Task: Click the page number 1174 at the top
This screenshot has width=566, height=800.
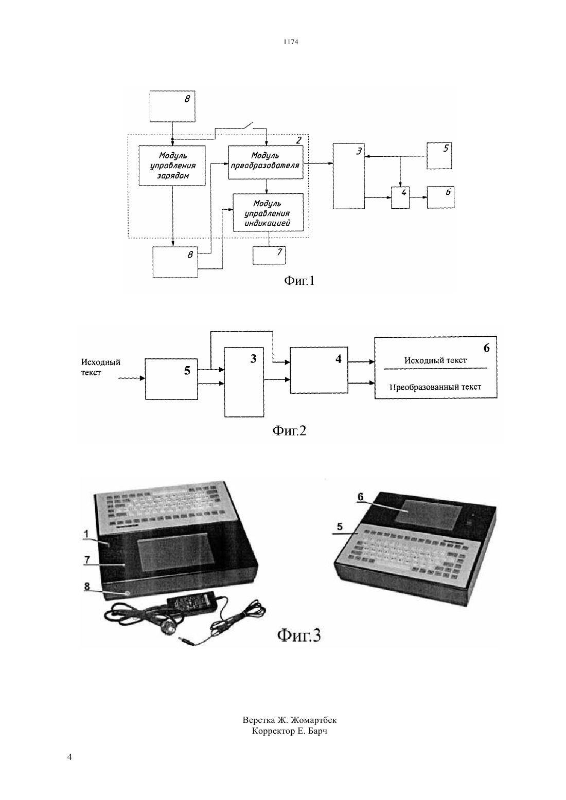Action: [291, 42]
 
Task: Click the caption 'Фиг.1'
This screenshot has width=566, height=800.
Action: [299, 281]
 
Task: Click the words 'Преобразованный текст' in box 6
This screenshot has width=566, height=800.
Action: [435, 387]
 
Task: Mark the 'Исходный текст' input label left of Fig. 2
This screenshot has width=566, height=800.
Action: [101, 367]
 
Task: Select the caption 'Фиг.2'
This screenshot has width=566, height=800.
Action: [289, 431]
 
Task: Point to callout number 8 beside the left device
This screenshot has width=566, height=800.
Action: [87, 587]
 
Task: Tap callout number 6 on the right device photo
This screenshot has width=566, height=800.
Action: [360, 497]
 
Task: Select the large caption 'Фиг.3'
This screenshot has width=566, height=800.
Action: [299, 635]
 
